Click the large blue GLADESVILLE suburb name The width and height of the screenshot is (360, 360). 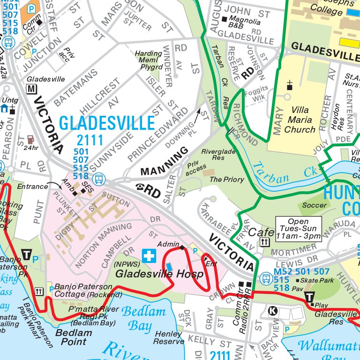tap(107, 123)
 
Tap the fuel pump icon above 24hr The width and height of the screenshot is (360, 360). tap(31, 140)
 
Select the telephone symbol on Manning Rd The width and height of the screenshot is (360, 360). tap(140, 187)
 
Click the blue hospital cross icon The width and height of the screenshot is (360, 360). tap(149, 256)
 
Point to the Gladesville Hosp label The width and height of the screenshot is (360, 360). tap(159, 274)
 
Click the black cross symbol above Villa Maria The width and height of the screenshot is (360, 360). tap(290, 85)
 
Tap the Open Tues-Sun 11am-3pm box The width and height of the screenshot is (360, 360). tap(299, 229)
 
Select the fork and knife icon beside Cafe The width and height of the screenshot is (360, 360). tap(265, 242)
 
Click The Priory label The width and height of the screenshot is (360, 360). tap(226, 180)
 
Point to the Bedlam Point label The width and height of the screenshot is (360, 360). tap(74, 337)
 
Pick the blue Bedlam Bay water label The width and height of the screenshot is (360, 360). tap(143, 318)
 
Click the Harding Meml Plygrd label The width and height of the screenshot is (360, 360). tap(149, 60)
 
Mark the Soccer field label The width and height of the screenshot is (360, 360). tap(315, 205)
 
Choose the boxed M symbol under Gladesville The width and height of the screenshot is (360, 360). tap(31, 89)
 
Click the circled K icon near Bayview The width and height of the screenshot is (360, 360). tap(272, 310)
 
